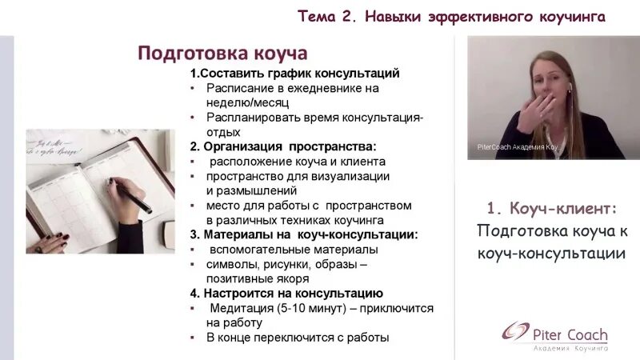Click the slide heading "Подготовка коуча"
click(x=222, y=54)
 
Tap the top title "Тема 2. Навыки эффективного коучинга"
click(x=451, y=16)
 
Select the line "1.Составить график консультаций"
click(x=294, y=74)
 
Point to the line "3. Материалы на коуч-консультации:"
click(x=304, y=234)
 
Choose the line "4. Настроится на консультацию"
click(x=286, y=294)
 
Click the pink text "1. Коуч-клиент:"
click(x=552, y=209)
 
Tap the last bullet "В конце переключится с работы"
click(x=297, y=338)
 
